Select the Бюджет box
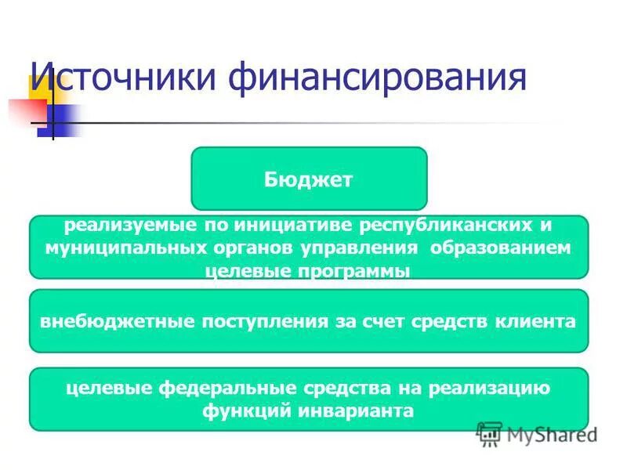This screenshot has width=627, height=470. [309, 179]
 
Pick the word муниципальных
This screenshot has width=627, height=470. [114, 248]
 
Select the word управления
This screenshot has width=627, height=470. [350, 248]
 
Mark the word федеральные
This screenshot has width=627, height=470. [217, 388]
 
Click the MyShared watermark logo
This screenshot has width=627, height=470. [538, 433]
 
